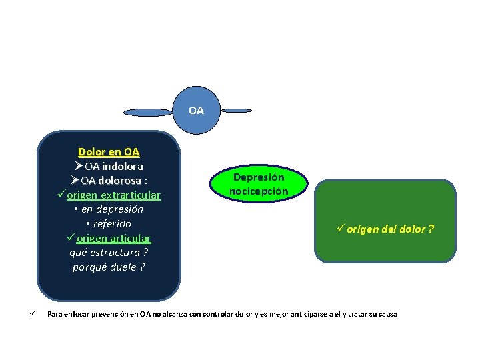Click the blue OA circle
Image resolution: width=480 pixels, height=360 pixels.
[x=196, y=110]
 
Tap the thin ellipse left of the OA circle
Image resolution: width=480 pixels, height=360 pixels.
[x=148, y=111]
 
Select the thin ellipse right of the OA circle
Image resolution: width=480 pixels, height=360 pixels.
[x=236, y=110]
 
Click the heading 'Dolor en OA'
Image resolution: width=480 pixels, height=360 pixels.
[x=109, y=152]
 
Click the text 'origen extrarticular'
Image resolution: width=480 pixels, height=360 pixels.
[x=113, y=195]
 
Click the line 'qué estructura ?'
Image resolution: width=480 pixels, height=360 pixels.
[x=109, y=253]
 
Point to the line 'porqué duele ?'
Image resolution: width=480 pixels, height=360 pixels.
[x=109, y=267]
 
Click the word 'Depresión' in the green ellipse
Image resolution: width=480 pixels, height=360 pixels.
[x=259, y=177]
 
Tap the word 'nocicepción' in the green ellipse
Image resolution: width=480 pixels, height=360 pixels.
[x=259, y=191]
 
